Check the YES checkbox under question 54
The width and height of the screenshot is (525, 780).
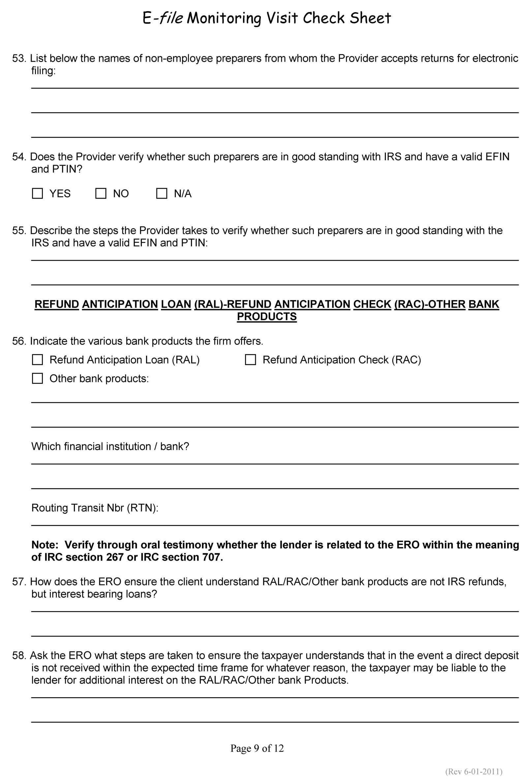click(37, 193)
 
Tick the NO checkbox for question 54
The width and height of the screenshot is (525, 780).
click(101, 193)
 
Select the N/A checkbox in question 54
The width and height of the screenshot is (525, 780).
click(162, 193)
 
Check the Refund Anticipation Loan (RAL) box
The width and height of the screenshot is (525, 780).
click(37, 360)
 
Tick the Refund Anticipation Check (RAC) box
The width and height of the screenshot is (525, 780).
click(250, 360)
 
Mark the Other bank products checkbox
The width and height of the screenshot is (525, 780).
click(37, 378)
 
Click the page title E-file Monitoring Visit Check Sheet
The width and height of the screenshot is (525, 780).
click(266, 18)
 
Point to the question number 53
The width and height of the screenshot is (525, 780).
click(19, 58)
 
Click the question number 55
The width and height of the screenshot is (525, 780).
click(19, 230)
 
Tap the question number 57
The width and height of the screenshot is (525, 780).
click(19, 581)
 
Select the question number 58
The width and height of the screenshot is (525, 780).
click(19, 655)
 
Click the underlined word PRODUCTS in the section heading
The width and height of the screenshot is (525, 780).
click(266, 316)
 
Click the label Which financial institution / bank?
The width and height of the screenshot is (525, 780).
click(110, 446)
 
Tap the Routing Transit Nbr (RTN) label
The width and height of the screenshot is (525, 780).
click(95, 508)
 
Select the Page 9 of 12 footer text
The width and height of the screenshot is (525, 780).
click(257, 748)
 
